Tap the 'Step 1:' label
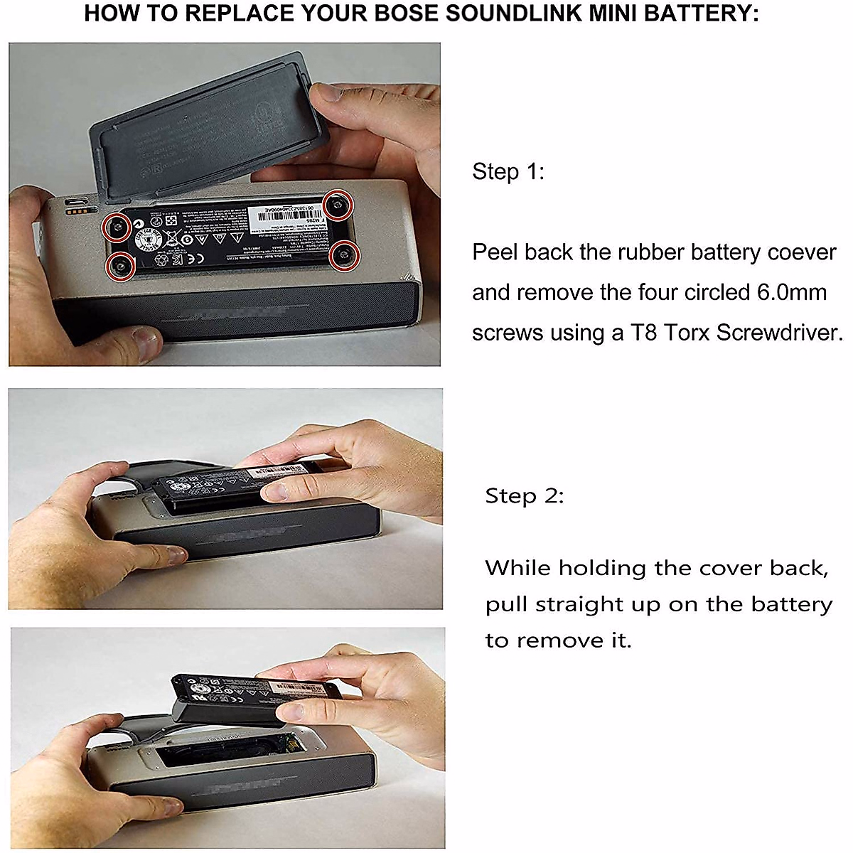click(508, 171)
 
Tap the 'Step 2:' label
click(524, 495)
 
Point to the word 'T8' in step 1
click(644, 333)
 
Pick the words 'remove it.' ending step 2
click(573, 640)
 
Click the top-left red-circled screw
click(115, 227)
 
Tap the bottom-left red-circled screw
click(119, 266)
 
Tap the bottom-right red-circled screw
click(344, 254)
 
